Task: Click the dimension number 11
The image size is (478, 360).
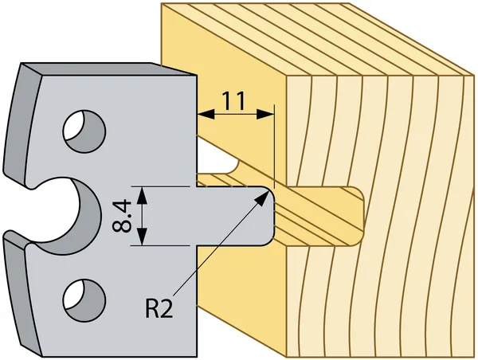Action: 233,100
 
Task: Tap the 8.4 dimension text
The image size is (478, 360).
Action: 122,217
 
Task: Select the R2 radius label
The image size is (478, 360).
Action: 159,308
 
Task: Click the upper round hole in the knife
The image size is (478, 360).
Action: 84,131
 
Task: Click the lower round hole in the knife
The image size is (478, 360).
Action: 84,300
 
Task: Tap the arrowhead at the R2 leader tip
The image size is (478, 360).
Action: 262,198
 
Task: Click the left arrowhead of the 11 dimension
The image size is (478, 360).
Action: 206,115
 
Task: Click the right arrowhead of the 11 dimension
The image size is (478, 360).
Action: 265,115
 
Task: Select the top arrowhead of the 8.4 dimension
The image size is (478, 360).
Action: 142,195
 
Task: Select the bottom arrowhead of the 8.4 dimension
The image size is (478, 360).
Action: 142,237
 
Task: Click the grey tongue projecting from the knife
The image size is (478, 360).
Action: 235,216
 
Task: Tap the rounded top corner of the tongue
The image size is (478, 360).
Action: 271,191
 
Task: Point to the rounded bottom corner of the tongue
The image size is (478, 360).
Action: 271,241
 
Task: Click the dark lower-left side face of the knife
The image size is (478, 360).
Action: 22,292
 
